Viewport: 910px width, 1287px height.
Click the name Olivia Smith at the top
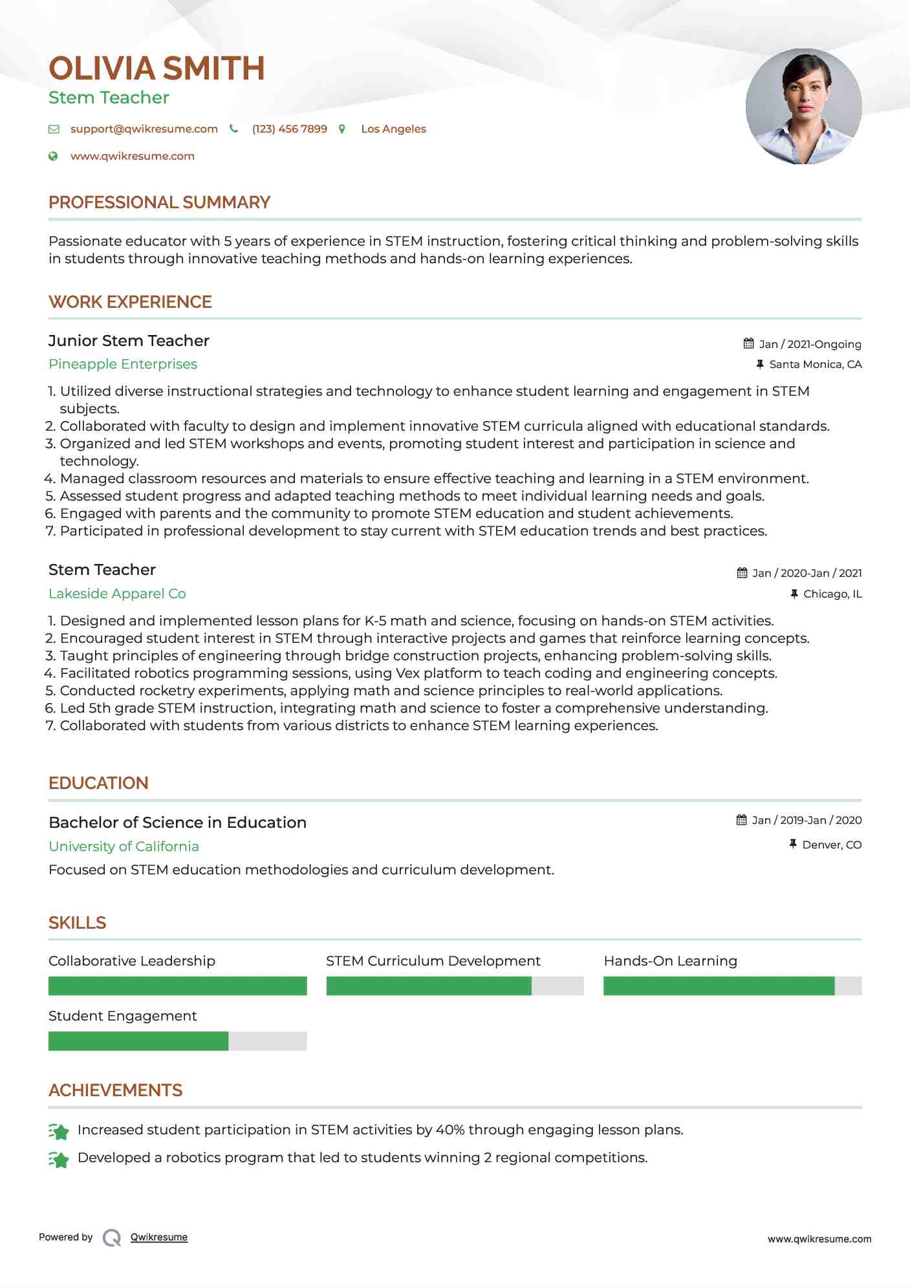point(157,69)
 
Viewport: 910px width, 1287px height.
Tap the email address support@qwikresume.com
point(144,129)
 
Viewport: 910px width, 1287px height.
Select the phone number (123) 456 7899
point(289,129)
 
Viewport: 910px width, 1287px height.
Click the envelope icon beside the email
point(54,129)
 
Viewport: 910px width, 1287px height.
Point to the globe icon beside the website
point(54,156)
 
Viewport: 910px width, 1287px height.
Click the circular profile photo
point(803,106)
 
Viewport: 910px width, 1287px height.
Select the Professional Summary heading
point(159,202)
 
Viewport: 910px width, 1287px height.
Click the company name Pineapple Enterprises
point(123,364)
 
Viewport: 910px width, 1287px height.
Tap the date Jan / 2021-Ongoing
point(810,344)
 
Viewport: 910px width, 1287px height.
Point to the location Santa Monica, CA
point(815,364)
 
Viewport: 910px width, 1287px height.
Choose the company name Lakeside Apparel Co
point(117,594)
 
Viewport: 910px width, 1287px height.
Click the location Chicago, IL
point(832,594)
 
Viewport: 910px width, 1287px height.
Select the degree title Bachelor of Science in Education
point(177,823)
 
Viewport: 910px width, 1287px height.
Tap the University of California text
point(124,847)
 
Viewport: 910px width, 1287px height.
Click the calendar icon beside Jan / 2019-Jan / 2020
point(742,820)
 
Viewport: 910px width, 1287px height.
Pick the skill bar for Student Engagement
point(177,1041)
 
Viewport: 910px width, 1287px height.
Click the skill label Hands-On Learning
point(670,961)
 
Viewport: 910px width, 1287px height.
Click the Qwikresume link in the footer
point(159,1237)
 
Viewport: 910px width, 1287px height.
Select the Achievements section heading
point(115,1090)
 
